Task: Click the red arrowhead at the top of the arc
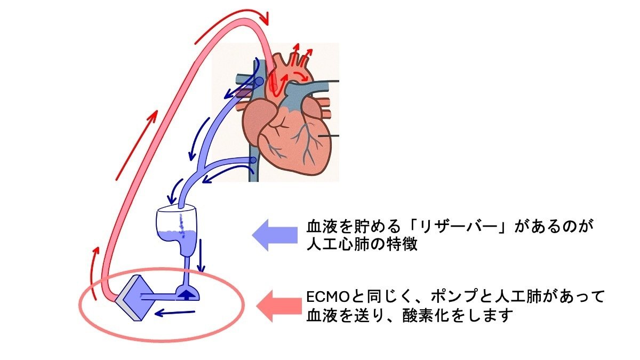(265, 19)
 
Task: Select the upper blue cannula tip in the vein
(258, 82)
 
